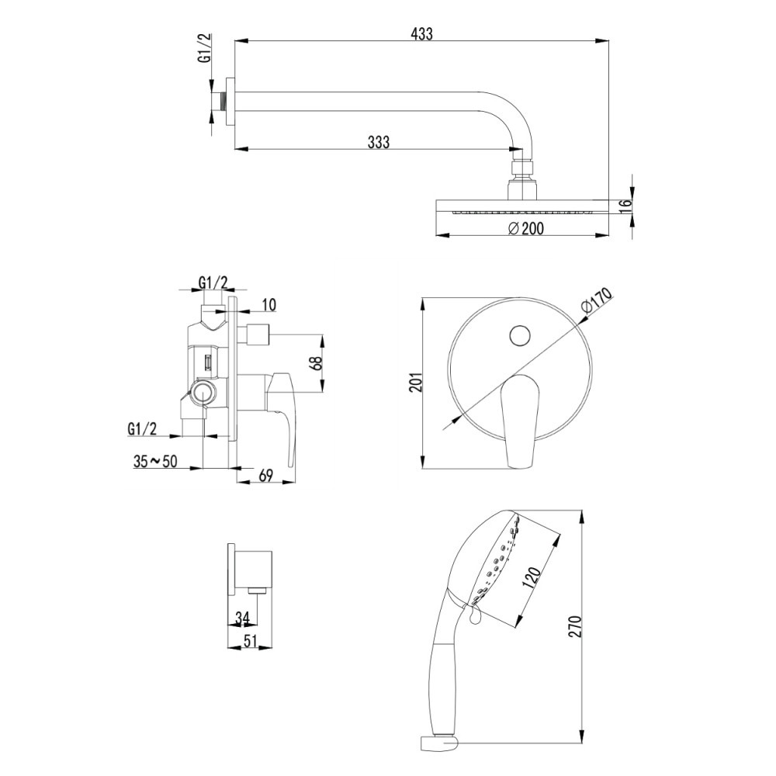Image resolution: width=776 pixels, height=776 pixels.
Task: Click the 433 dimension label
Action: click(x=421, y=33)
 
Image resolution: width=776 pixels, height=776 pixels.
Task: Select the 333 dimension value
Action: click(x=379, y=142)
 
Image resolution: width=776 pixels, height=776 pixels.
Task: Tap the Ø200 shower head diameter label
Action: click(x=525, y=228)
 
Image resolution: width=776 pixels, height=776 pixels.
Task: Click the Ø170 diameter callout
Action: click(x=598, y=301)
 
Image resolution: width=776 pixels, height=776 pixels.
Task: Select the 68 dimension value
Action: click(x=317, y=363)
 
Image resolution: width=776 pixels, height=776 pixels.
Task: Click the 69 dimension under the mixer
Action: click(x=265, y=476)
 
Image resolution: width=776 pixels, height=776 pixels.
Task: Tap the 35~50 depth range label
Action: click(x=155, y=461)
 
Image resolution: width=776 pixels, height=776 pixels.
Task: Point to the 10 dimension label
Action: click(x=268, y=304)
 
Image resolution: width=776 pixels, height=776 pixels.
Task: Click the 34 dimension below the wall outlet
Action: click(x=242, y=618)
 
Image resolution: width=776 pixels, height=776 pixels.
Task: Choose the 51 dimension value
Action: click(x=251, y=641)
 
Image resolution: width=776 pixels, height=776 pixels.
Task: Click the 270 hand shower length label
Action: click(x=574, y=626)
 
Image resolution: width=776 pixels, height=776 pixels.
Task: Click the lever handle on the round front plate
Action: click(x=518, y=421)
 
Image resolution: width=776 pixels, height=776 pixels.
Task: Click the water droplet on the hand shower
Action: click(x=474, y=615)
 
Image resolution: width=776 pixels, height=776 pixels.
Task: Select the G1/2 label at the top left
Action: click(x=205, y=48)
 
